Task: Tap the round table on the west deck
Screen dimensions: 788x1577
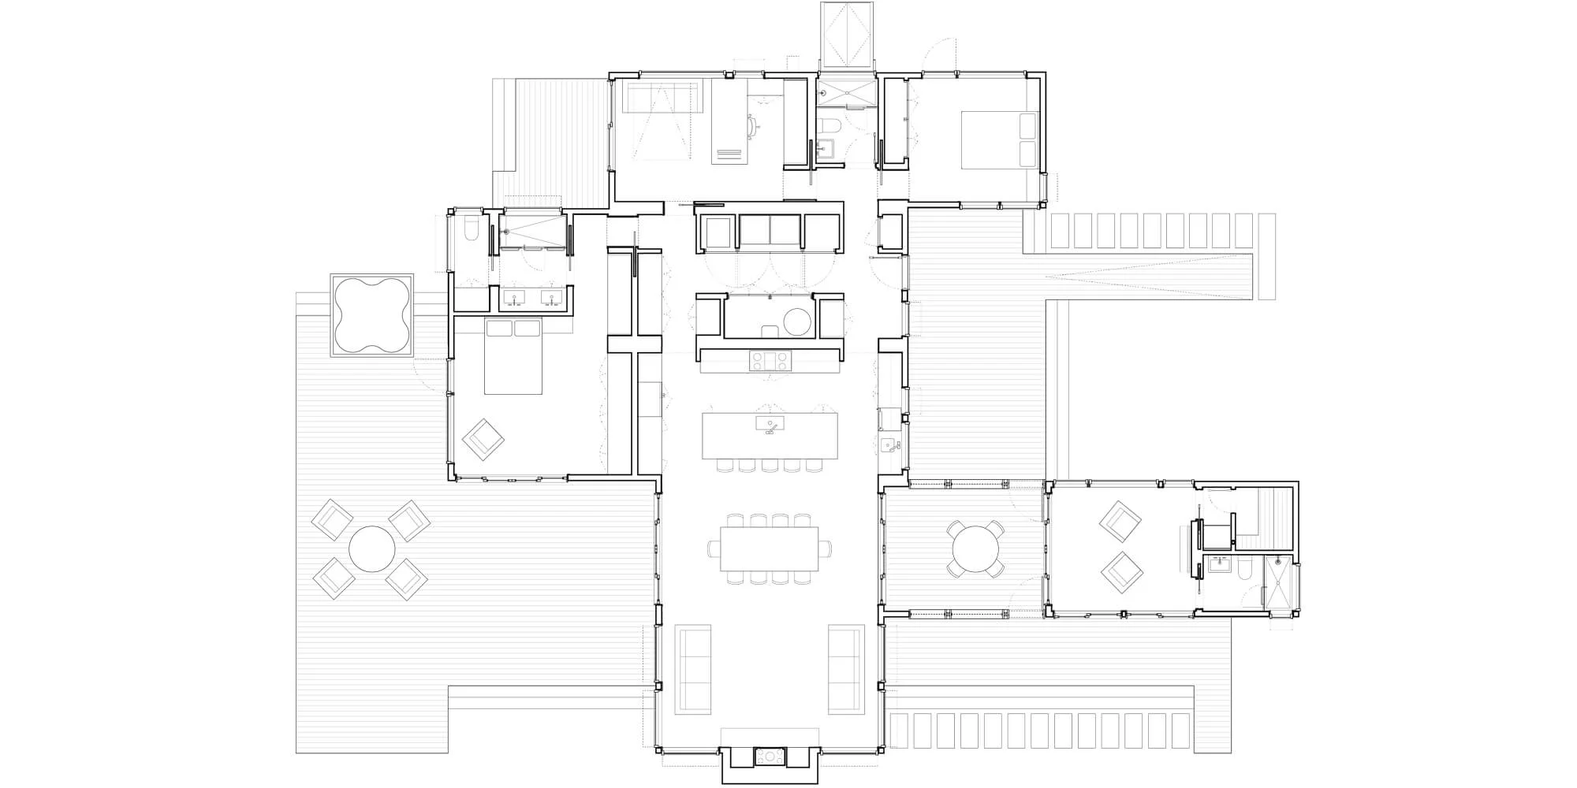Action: click(x=371, y=549)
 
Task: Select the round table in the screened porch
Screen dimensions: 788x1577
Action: click(x=975, y=549)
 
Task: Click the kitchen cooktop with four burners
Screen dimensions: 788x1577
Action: click(x=769, y=361)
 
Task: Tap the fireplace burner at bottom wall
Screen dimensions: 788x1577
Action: click(x=769, y=757)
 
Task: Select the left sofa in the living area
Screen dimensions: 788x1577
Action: click(x=693, y=668)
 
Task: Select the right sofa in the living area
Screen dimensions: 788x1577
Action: click(x=844, y=668)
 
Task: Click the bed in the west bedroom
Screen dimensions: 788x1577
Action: click(x=513, y=357)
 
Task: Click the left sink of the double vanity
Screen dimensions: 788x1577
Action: click(x=515, y=299)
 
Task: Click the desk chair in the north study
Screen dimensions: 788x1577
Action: click(x=751, y=124)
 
